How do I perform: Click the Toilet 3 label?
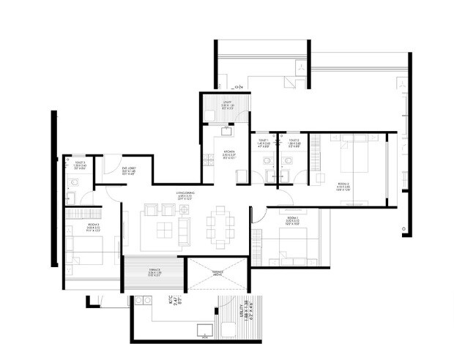pos(79,165)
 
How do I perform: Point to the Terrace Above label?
pos(217,273)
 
